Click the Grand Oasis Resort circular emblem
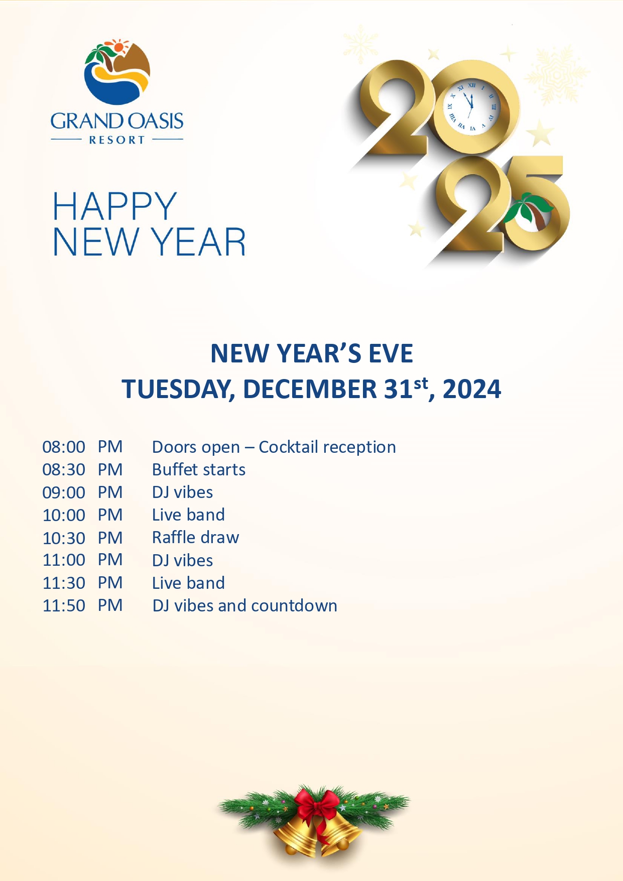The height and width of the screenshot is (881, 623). click(117, 72)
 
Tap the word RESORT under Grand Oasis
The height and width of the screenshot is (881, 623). click(117, 140)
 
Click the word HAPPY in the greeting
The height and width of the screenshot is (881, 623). click(115, 206)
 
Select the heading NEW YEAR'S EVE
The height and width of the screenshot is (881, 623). click(312, 353)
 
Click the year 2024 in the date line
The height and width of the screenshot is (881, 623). click(472, 389)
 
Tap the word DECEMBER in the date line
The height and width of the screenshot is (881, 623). click(310, 389)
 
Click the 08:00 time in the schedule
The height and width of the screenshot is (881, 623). click(64, 447)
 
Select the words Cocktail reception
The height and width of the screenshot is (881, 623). click(327, 447)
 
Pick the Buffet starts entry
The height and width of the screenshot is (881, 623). click(199, 469)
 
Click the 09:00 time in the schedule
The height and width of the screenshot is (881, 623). click(64, 492)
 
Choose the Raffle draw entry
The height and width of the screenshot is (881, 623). click(196, 538)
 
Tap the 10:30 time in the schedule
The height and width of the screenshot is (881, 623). click(64, 538)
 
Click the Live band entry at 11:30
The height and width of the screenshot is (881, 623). click(189, 583)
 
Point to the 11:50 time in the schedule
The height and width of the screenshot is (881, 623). click(64, 606)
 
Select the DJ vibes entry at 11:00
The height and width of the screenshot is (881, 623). click(183, 560)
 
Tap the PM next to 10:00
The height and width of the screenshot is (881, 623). click(110, 515)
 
